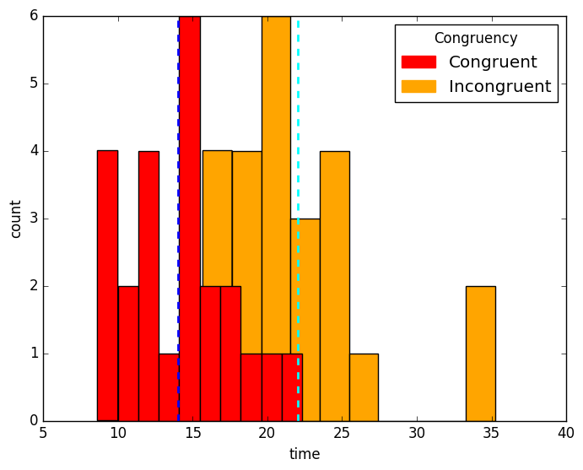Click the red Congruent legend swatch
pos(418,62)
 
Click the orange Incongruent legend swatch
pos(418,86)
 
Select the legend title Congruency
pos(475,38)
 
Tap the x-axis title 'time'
pos(305,454)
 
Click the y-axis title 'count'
pos(16,219)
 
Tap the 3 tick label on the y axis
pos(32,219)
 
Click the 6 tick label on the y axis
pos(32,16)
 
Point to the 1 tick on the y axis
pos(32,354)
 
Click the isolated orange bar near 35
pos(480,354)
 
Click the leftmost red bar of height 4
pos(107,287)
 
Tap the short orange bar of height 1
pos(364,388)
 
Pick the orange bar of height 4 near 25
pos(334,287)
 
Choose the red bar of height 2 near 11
pos(128,354)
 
